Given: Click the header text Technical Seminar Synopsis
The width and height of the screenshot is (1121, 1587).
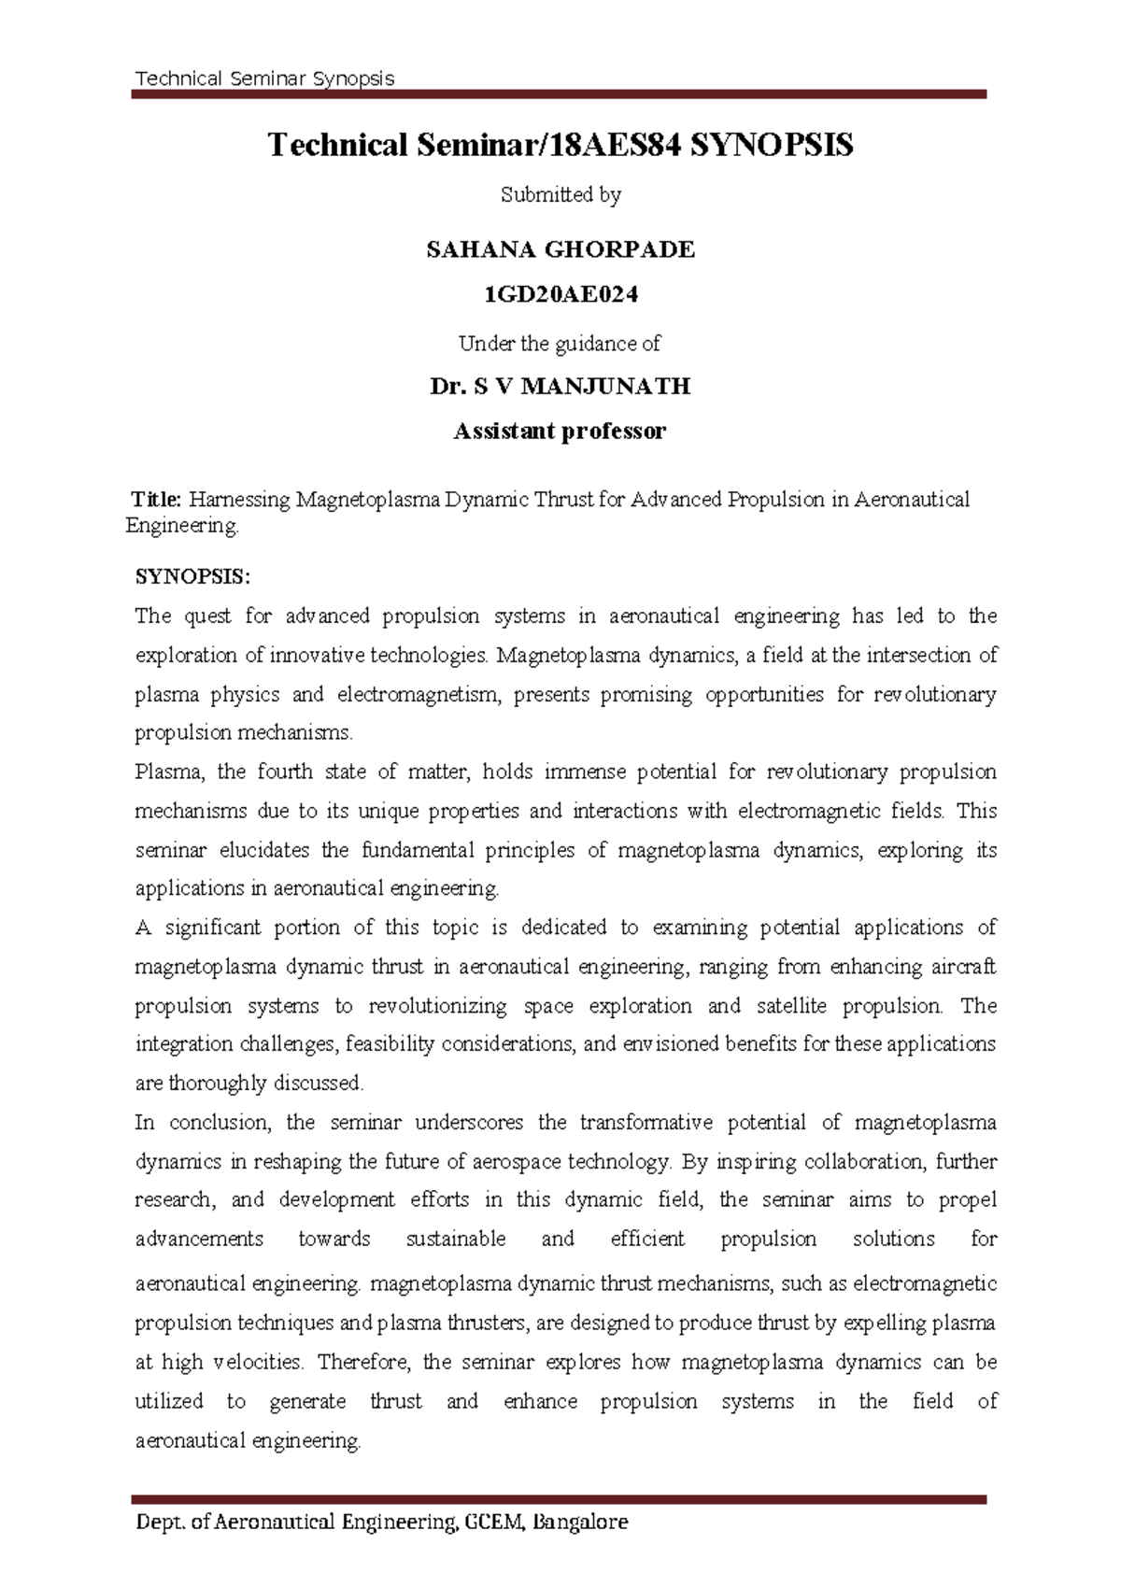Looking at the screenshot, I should pos(264,78).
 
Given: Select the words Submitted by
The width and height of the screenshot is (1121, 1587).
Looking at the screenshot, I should pos(560,195).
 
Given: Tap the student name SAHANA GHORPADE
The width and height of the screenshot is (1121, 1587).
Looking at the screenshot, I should pos(560,249).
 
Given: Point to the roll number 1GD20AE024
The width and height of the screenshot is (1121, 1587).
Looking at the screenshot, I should pos(560,295).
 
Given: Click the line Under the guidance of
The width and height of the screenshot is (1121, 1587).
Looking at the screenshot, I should pos(560,344).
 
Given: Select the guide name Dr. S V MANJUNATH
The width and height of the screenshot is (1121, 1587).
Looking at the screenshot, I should pos(560,387).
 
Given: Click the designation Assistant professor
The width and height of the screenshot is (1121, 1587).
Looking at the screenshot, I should pos(560,432).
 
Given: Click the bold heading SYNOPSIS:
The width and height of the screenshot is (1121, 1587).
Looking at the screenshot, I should pos(192,576).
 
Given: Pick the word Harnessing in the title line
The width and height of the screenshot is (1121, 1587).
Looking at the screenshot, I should pos(240,500).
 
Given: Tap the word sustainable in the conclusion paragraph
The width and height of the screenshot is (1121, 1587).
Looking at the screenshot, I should pos(456,1239).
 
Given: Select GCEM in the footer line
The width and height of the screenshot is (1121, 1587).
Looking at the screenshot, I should pos(492,1523).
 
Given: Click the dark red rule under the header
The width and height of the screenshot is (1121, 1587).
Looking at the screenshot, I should pos(559,94).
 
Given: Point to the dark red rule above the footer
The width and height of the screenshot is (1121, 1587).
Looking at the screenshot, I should pos(559,1499).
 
